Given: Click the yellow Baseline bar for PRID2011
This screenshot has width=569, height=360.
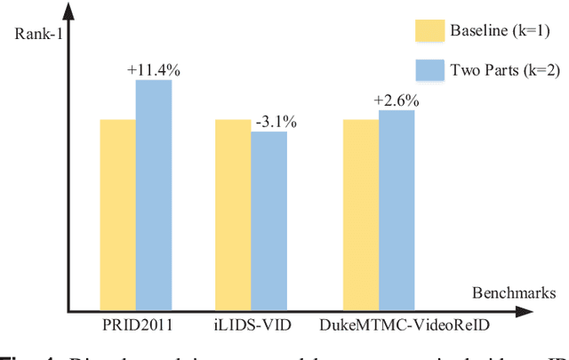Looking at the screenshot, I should [117, 213].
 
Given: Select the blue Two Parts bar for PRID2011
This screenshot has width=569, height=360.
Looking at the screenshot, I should [153, 194].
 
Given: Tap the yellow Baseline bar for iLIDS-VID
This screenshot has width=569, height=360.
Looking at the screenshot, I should [233, 213].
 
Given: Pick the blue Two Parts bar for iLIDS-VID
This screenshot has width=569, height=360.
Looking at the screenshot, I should [268, 220].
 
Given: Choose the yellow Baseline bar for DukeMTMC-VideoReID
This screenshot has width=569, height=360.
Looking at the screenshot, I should [361, 213].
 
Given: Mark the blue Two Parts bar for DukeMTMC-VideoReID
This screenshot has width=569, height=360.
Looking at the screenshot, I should [397, 209].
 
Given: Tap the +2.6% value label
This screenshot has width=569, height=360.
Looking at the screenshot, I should [398, 100].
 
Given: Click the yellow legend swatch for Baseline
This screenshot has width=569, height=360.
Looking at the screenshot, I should [433, 33].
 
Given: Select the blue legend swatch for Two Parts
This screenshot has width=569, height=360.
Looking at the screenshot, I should [433, 71].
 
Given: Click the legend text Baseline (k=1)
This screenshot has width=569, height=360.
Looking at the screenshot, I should [505, 33].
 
